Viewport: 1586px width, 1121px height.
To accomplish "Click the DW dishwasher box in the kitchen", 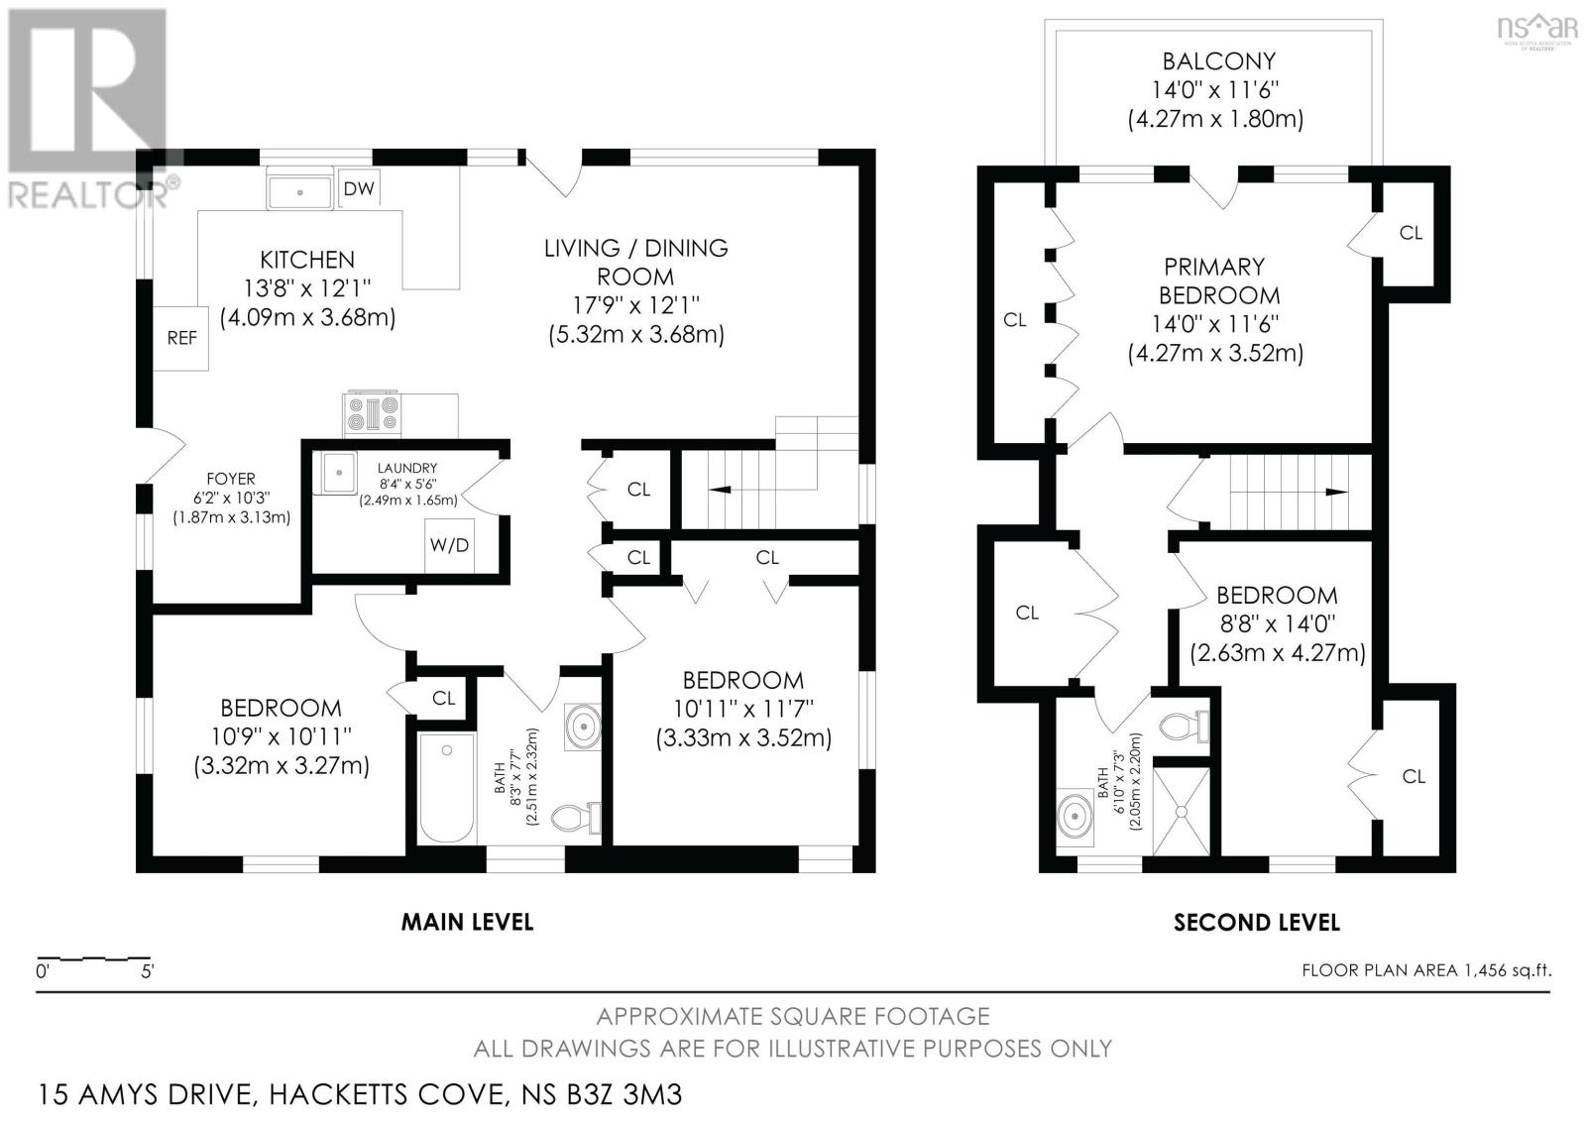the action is pos(359,188).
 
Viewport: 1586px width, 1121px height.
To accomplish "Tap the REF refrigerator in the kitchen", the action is pos(181,338).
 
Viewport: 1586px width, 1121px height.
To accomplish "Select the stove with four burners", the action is pos(372,415).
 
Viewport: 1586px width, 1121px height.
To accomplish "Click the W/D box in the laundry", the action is pos(450,545).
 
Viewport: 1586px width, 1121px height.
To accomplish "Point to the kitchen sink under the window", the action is pos(299,189).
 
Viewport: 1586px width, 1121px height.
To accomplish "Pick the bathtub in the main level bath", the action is pos(446,787).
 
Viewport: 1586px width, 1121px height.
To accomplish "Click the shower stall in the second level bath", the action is pos(1181,812).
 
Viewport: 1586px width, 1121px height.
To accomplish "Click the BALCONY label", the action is pos(1218,61).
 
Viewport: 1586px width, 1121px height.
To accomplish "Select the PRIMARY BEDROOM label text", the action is pos(1218,281).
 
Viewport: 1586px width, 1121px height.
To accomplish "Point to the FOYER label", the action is pos(231,479).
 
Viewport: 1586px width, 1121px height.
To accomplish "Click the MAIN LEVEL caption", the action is pos(467,922).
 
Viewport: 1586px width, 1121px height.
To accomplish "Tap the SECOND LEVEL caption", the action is pos(1257,922).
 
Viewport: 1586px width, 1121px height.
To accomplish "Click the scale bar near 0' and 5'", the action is pos(93,958).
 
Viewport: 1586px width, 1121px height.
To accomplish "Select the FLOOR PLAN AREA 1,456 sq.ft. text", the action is pos(1426,970).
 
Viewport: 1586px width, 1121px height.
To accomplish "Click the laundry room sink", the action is pos(339,473).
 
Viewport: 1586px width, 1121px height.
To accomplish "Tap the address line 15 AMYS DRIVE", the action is pos(360,1094).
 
